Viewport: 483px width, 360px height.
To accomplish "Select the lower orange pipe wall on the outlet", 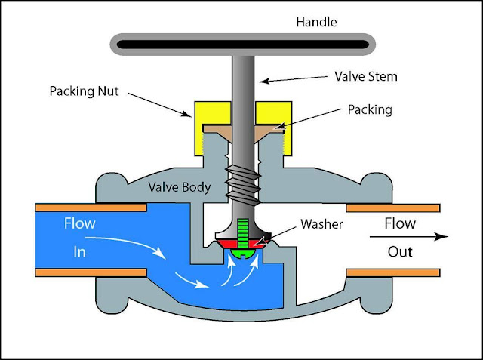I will coord(392,271).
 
